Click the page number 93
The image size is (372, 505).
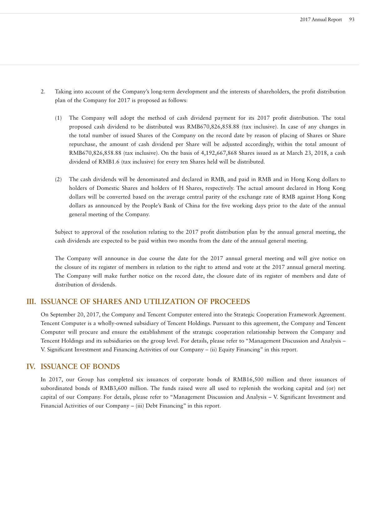[x=352, y=19]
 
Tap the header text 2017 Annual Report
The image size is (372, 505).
[x=321, y=19]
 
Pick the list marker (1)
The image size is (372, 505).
[x=58, y=118]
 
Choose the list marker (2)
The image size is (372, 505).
[x=58, y=179]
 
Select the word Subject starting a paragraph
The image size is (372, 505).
[x=63, y=232]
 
